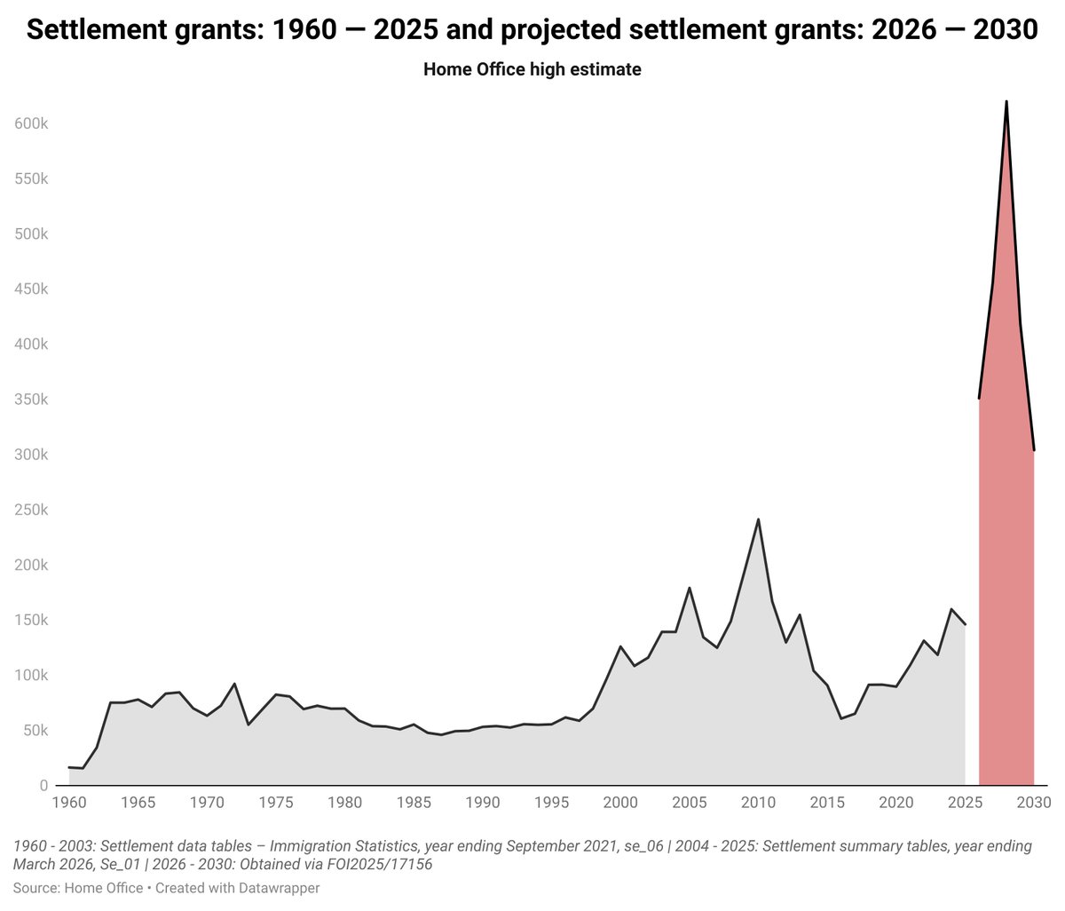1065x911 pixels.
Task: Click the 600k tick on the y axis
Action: pos(31,123)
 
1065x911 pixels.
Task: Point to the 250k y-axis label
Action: pos(31,510)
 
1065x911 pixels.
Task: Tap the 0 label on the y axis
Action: pos(43,786)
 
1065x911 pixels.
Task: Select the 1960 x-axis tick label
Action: pos(69,803)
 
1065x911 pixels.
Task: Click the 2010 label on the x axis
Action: pos(758,803)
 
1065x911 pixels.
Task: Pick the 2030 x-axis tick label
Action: pos(1034,803)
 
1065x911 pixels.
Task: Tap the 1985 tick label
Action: pos(414,803)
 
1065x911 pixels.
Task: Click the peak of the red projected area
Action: pos(1006,101)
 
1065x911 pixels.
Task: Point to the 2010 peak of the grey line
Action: pos(758,519)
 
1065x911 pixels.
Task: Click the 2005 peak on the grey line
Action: pos(690,588)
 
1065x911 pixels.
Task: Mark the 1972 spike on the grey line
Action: pos(235,684)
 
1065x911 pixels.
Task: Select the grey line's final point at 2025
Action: pos(965,625)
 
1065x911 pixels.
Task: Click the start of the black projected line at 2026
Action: pos(979,398)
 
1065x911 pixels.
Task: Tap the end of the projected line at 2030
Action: pos(1034,450)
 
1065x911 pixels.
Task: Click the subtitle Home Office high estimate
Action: pos(532,69)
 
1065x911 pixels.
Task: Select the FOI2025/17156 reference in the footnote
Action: pos(380,864)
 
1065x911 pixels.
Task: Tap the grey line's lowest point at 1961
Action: pos(83,768)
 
